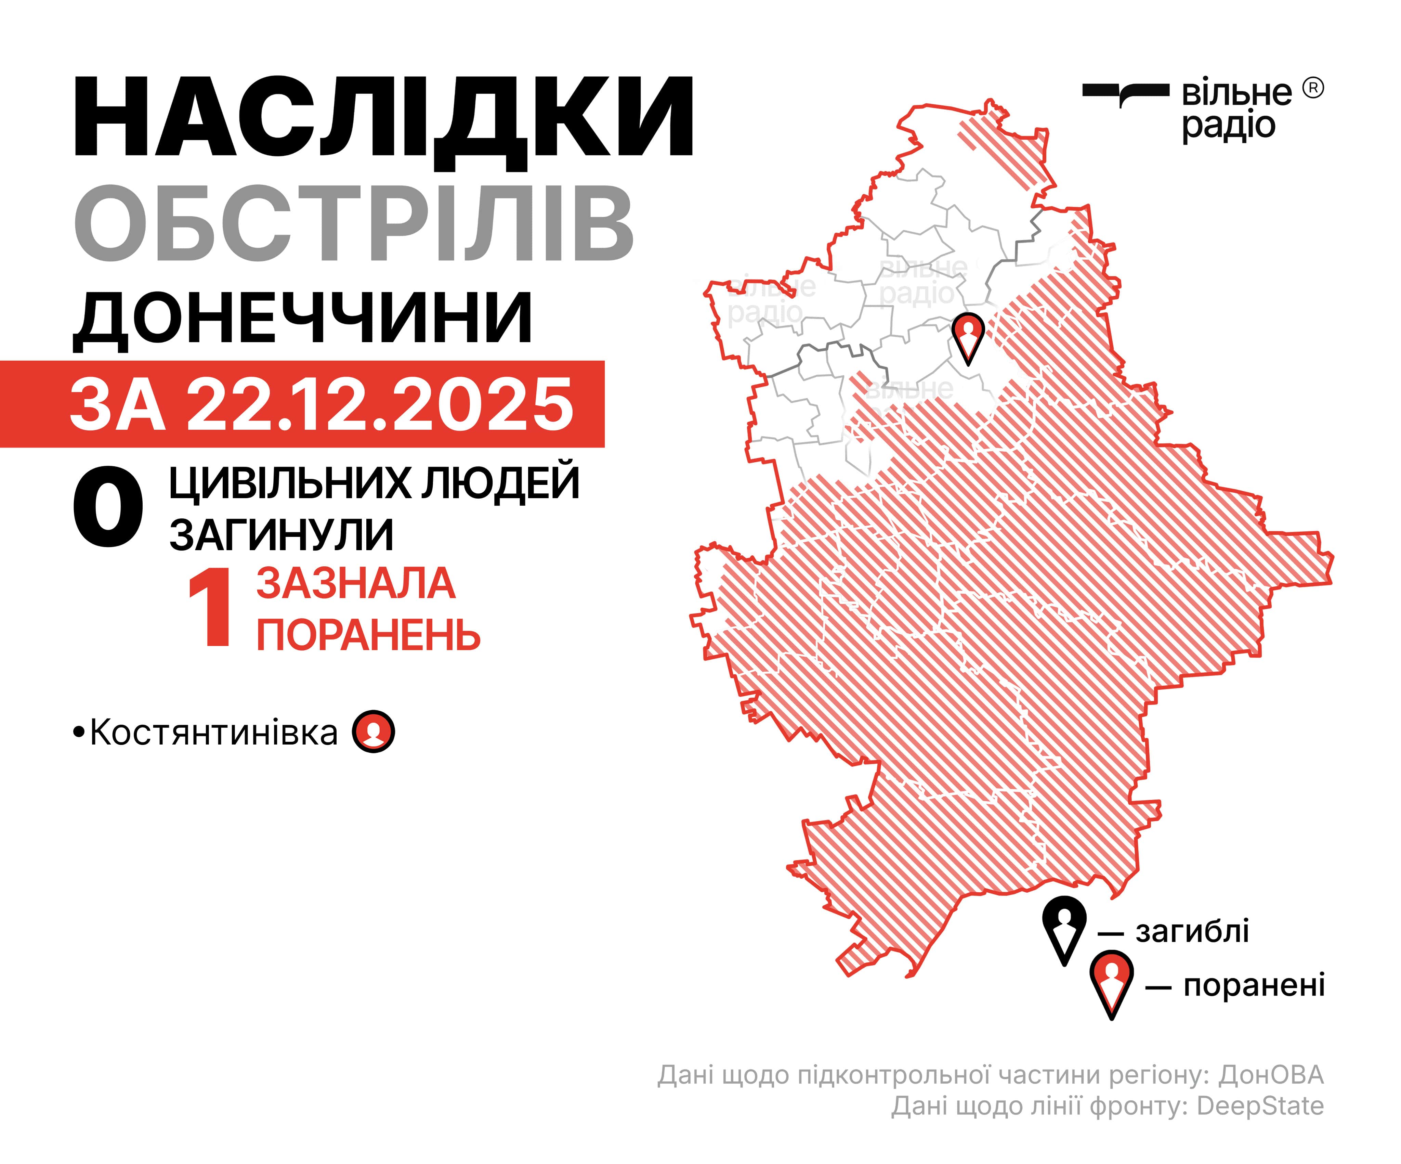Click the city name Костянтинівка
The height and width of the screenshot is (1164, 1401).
[x=213, y=733]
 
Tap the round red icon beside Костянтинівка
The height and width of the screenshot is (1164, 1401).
[x=374, y=732]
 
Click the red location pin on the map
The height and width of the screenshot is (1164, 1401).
[x=968, y=334]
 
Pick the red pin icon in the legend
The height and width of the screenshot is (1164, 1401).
[x=1111, y=982]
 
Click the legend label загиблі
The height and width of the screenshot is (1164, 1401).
[x=1192, y=931]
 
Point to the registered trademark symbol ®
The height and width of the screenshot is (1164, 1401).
[x=1312, y=88]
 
